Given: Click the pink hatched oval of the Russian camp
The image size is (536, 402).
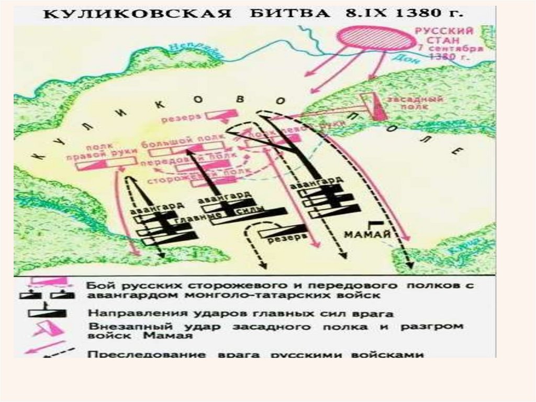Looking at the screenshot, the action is (373, 38).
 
